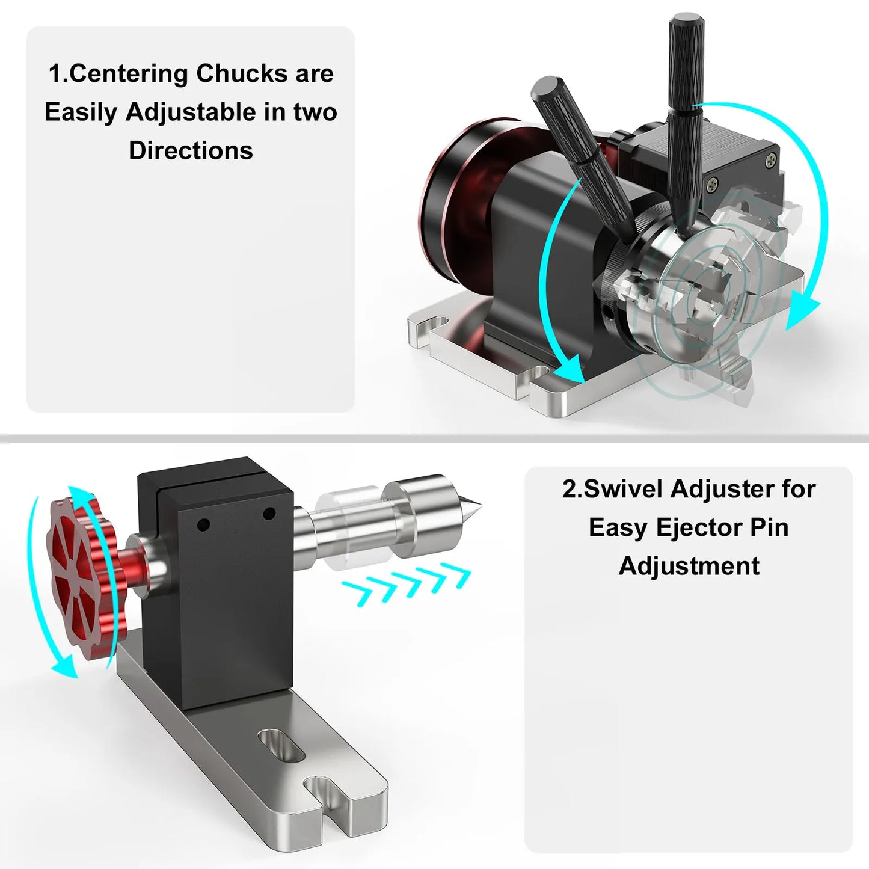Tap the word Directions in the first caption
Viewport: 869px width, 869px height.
[x=191, y=150]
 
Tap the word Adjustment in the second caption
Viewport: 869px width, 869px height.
[x=689, y=566]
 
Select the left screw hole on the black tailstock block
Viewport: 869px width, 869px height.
[x=203, y=525]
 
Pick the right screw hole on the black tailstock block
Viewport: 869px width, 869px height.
[x=269, y=514]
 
